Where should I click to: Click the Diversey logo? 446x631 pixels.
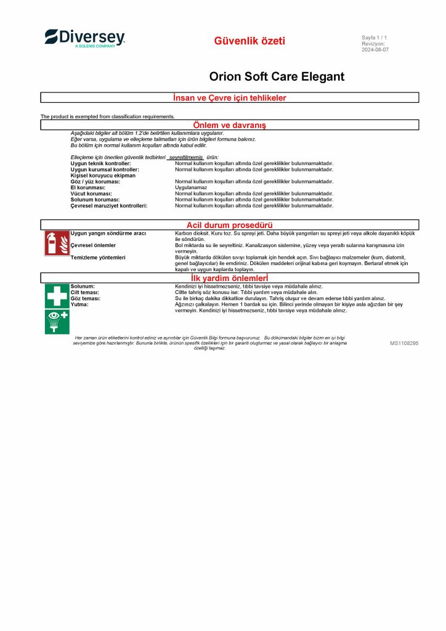tap(84, 38)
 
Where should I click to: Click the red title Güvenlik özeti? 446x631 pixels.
tap(249, 41)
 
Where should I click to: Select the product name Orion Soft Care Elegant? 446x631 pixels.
tap(277, 77)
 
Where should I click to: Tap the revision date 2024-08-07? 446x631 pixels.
tap(375, 50)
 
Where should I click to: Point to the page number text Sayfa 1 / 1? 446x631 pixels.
tap(374, 38)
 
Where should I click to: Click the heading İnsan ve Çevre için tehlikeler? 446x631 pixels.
tap(230, 98)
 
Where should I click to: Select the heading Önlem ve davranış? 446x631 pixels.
tap(230, 125)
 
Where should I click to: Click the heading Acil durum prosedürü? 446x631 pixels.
tap(230, 225)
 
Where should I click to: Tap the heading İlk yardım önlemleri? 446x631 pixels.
tap(230, 278)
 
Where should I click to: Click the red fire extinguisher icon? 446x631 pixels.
tap(57, 243)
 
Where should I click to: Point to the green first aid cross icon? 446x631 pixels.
tap(57, 296)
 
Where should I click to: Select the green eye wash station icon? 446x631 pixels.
tap(57, 321)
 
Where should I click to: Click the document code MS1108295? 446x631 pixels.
tap(404, 343)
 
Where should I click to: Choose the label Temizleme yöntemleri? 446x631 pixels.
tap(98, 257)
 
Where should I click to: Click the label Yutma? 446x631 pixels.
tap(79, 304)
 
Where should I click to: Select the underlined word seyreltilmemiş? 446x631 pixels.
tap(186, 158)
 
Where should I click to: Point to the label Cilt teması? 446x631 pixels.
tap(85, 293)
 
